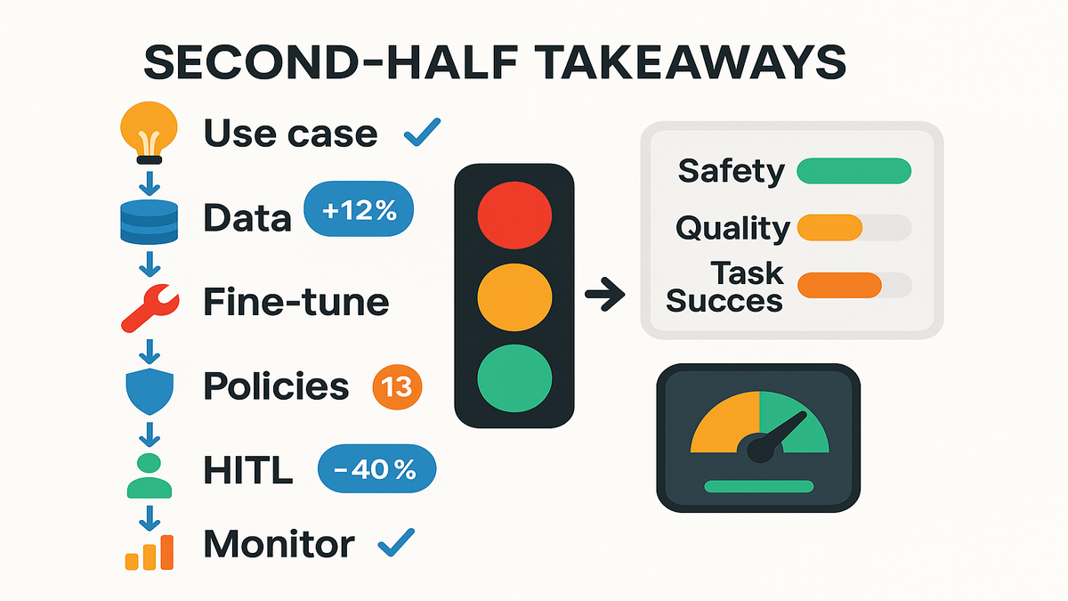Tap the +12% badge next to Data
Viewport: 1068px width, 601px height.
pyautogui.click(x=359, y=209)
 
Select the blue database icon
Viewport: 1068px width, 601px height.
pyautogui.click(x=150, y=222)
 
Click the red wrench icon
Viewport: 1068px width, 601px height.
pyautogui.click(x=150, y=308)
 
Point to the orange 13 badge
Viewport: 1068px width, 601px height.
pyautogui.click(x=397, y=386)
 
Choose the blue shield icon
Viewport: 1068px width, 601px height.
pyautogui.click(x=150, y=391)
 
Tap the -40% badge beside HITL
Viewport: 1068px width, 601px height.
pyautogui.click(x=376, y=468)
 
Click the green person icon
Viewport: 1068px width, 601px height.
pyautogui.click(x=150, y=475)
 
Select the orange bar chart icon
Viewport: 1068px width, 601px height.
pyautogui.click(x=150, y=552)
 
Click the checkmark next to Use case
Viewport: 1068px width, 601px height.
pyautogui.click(x=422, y=132)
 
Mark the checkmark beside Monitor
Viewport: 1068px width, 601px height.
pyautogui.click(x=396, y=542)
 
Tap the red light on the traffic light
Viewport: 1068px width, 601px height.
pyautogui.click(x=514, y=215)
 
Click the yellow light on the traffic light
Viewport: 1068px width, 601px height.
pyautogui.click(x=514, y=297)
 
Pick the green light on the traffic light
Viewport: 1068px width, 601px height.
pyautogui.click(x=514, y=378)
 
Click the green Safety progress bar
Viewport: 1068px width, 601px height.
pyautogui.click(x=854, y=171)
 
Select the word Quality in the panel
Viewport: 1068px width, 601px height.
pyautogui.click(x=732, y=229)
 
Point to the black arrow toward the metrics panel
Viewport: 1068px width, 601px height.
pyautogui.click(x=605, y=295)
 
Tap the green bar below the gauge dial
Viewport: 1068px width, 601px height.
pyautogui.click(x=759, y=486)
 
